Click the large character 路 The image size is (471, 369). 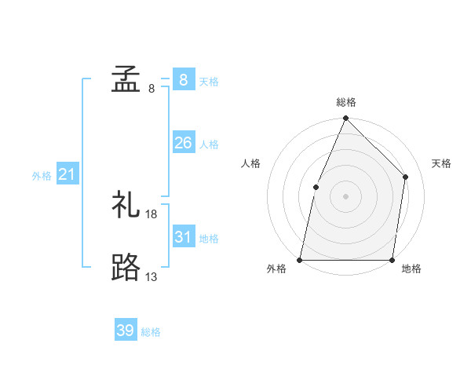click(x=126, y=268)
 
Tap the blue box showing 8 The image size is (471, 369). click(x=183, y=79)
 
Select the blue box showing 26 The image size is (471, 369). click(x=183, y=143)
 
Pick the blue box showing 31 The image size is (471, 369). click(x=183, y=237)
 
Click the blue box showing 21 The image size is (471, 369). click(x=67, y=174)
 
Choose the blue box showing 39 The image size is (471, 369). click(x=126, y=331)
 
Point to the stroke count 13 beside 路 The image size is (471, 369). click(x=152, y=277)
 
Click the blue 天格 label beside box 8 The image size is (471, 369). click(x=209, y=81)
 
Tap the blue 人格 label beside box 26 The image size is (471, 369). click(x=209, y=144)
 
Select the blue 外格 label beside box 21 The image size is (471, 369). click(x=42, y=176)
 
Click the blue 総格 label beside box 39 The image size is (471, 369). click(x=151, y=332)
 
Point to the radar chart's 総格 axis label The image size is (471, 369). click(x=346, y=102)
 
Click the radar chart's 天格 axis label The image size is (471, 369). click(x=441, y=163)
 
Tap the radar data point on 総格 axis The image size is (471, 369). click(x=345, y=119)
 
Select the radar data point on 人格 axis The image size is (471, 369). click(x=316, y=187)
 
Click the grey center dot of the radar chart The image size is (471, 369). click(x=345, y=196)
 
